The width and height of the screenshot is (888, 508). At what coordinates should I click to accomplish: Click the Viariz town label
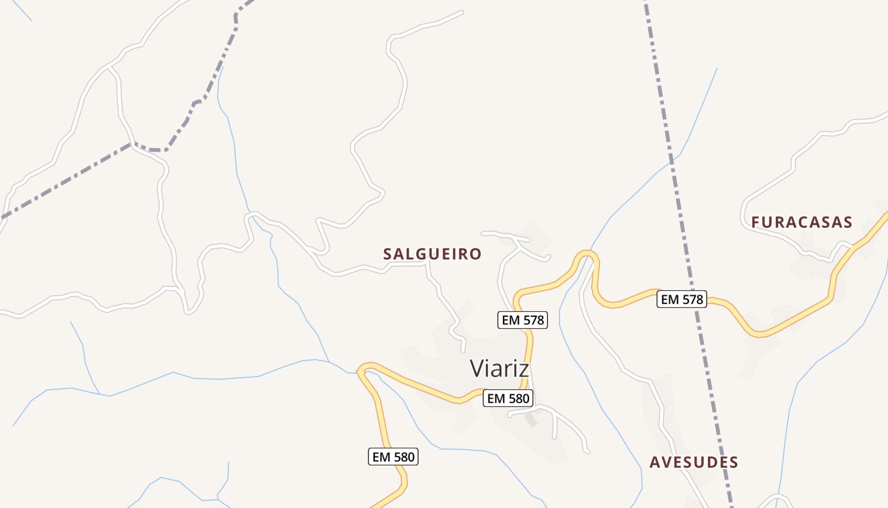499,368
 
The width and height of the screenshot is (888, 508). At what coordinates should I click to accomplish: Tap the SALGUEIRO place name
432,255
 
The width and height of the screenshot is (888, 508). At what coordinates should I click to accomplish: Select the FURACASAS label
802,222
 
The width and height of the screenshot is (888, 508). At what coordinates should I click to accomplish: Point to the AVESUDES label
694,462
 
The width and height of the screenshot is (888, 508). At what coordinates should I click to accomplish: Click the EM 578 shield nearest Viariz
523,320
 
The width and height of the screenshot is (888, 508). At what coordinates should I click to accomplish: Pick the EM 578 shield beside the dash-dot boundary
682,299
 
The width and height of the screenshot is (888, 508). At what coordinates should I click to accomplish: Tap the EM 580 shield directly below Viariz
508,399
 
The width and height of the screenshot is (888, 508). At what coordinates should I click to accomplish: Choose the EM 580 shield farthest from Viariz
393,457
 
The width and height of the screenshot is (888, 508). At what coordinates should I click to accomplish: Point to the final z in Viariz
523,369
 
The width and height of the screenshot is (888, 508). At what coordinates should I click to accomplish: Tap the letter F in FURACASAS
755,222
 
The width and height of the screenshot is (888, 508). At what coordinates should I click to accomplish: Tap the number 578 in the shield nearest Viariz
532,320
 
